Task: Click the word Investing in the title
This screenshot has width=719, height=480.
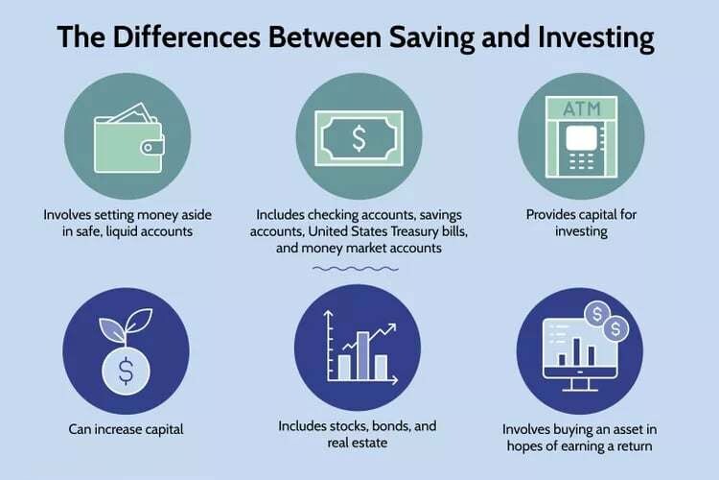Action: click(x=596, y=37)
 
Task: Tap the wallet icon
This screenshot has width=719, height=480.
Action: click(x=128, y=138)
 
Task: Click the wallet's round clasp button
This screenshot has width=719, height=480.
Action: click(x=148, y=148)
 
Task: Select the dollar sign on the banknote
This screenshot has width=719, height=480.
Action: click(x=359, y=138)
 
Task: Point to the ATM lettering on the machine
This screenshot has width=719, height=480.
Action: click(x=582, y=108)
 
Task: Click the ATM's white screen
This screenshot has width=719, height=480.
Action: click(x=582, y=137)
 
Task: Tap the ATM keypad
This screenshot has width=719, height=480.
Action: click(x=581, y=161)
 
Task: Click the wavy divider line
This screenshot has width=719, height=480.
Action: click(x=356, y=269)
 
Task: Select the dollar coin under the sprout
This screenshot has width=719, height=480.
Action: click(x=126, y=372)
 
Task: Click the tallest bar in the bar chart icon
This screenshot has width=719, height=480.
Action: click(x=362, y=356)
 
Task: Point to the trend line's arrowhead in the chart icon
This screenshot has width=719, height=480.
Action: click(x=391, y=328)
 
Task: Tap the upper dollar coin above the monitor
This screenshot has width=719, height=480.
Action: click(x=597, y=314)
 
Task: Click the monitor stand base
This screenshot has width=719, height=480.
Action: click(x=580, y=390)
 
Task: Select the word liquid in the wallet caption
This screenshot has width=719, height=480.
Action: click(x=122, y=231)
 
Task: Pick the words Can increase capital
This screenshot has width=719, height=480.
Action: click(x=126, y=430)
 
